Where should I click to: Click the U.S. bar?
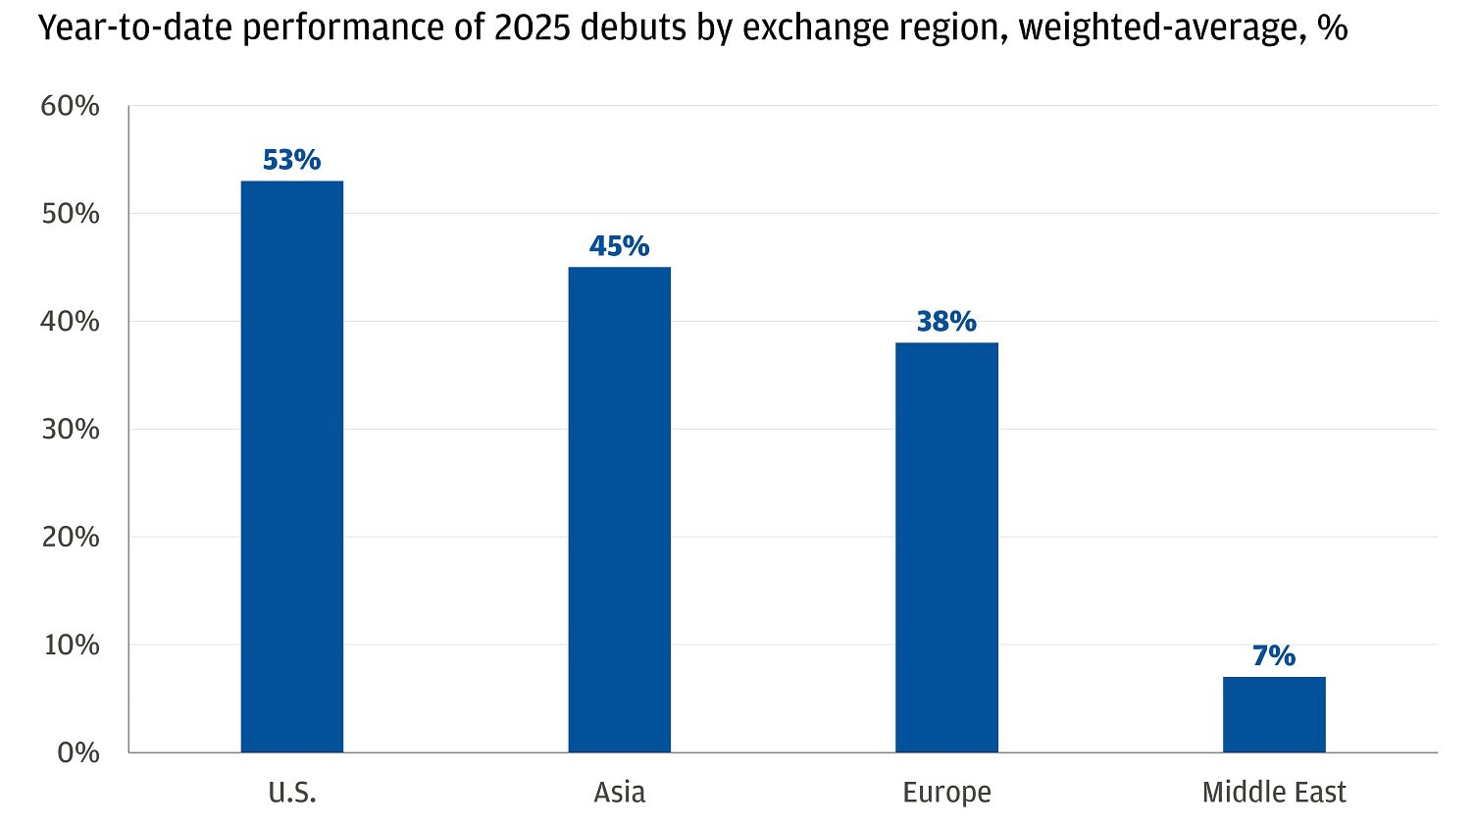292,466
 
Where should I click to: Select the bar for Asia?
620,509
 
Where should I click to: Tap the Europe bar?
946,546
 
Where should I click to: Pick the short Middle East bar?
1274,714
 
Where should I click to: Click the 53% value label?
292,160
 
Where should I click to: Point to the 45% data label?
620,246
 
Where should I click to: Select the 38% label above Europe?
946,322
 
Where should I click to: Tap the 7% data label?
1274,655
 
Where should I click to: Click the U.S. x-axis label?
292,792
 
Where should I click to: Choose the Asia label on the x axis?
620,792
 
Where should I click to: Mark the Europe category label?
946,792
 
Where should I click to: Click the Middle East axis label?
1274,792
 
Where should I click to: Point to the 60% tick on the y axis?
71,106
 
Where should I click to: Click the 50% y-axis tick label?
71,214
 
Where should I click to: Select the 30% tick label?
71,429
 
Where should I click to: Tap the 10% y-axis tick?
71,645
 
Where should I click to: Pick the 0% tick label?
77,752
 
